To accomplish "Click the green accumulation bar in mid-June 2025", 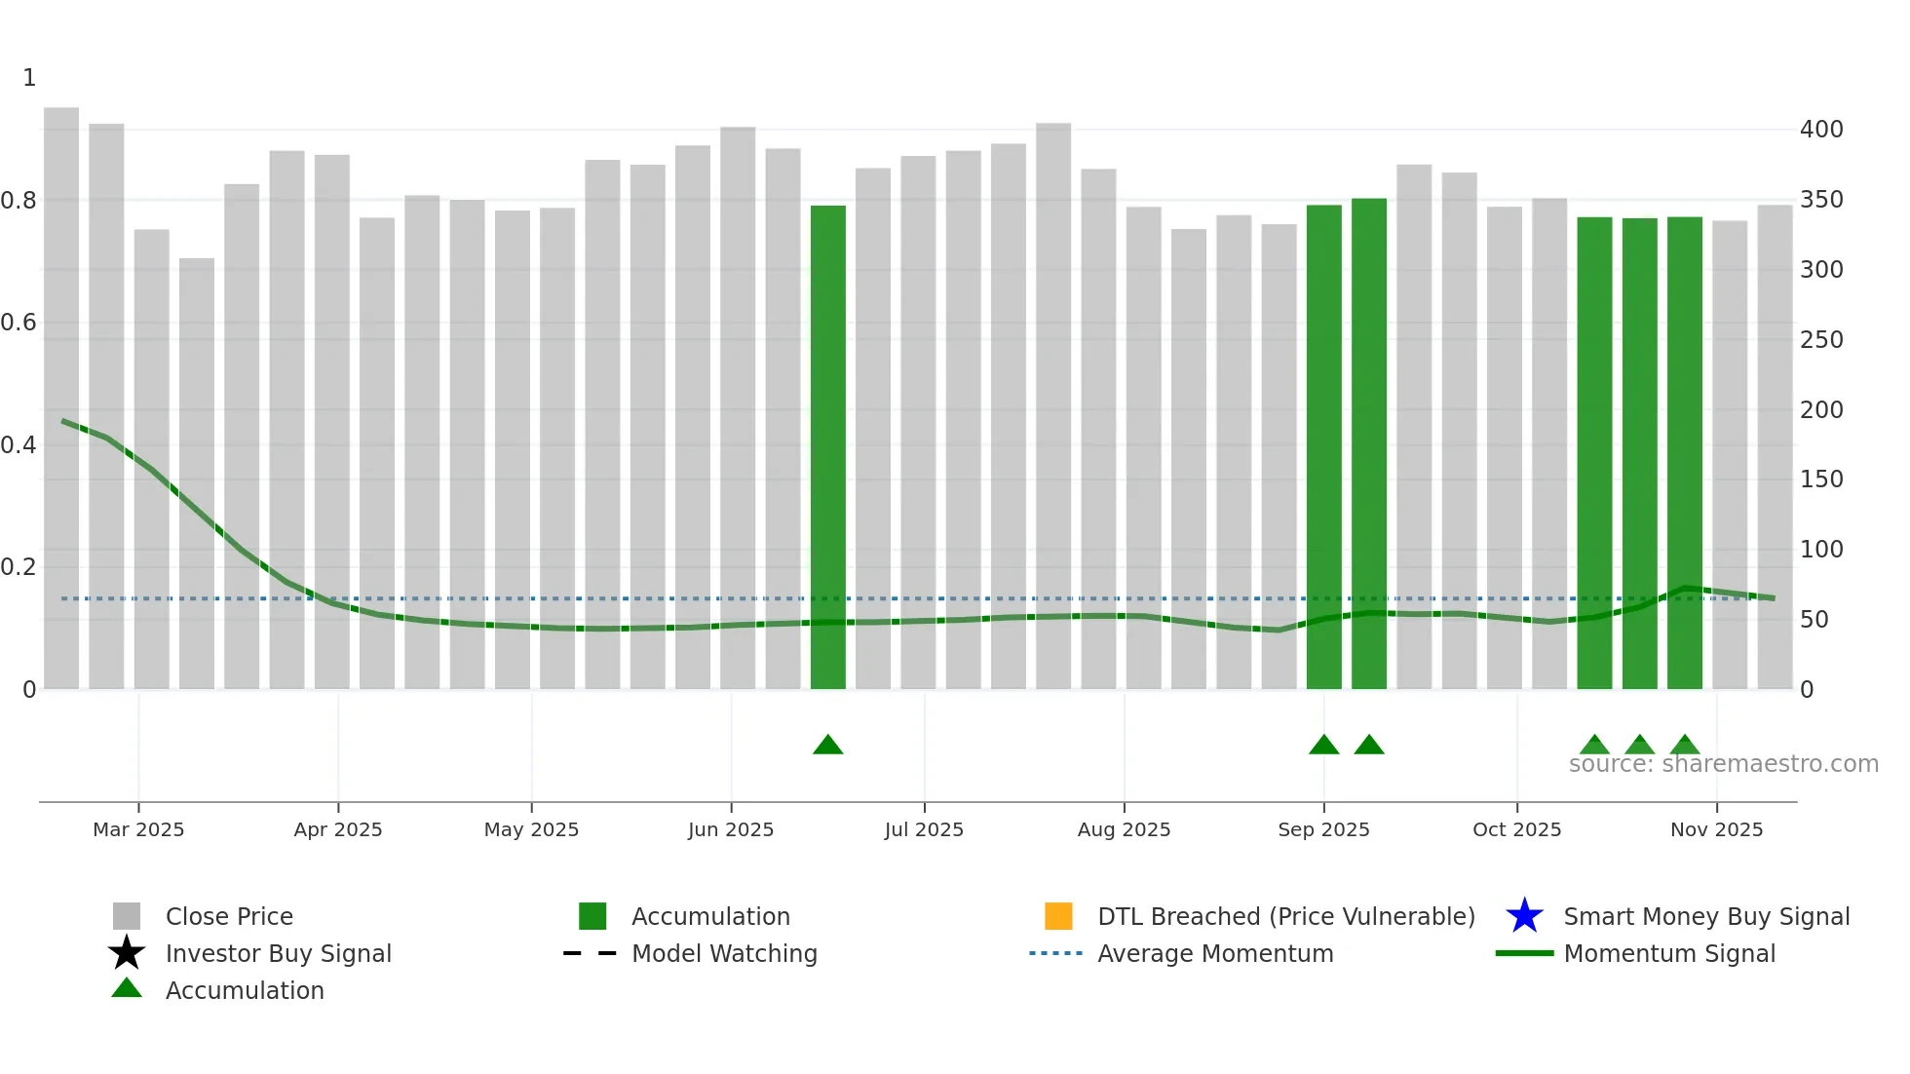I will tap(827, 448).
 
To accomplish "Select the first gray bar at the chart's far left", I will tap(61, 400).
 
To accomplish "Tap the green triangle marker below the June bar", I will tap(827, 746).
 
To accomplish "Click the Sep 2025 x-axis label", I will tap(1323, 829).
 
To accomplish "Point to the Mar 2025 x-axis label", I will tap(138, 829).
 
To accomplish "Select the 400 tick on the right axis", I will tap(1821, 130).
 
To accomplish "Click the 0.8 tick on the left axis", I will tap(19, 201).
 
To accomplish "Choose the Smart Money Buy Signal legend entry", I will tap(1705, 917).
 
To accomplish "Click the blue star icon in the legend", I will tap(1524, 916).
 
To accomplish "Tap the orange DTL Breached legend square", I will tap(1058, 916).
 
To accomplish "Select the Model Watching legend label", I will tap(724, 954).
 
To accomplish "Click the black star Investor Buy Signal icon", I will tap(127, 953).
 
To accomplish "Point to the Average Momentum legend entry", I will tap(1214, 954).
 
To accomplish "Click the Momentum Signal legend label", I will tap(1668, 954).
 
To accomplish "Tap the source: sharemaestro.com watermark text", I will tap(1723, 764).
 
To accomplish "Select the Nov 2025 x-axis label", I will tap(1716, 829).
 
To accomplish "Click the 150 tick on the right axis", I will tap(1821, 479).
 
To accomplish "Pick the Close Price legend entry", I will tap(229, 917).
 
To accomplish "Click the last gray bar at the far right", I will tap(1775, 448).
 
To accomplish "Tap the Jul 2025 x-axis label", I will tap(924, 829).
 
